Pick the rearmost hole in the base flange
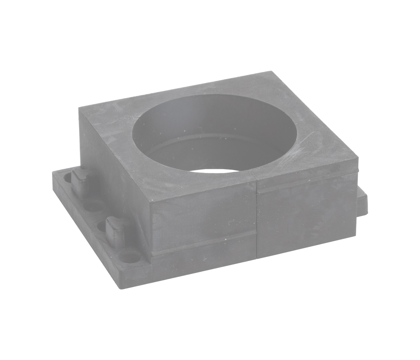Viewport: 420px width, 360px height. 67,177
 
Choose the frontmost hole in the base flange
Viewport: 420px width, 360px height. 129,258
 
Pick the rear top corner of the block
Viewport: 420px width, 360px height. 271,72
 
